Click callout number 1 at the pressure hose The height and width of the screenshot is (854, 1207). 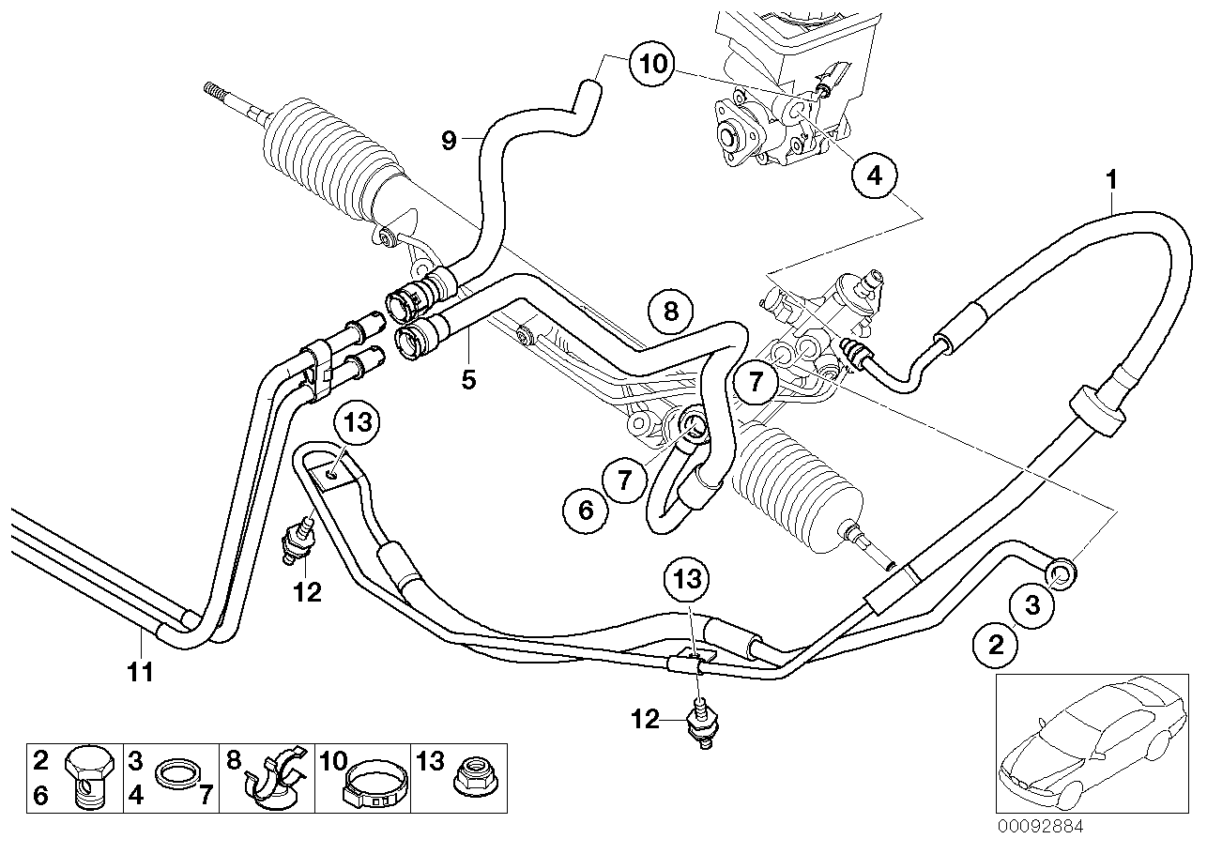(x=1111, y=176)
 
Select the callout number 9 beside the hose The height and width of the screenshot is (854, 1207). (x=449, y=141)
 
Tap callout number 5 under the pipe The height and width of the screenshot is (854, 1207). (x=469, y=379)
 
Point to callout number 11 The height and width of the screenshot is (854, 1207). (x=140, y=671)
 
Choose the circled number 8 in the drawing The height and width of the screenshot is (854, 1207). (x=670, y=311)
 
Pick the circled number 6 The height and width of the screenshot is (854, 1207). (x=586, y=511)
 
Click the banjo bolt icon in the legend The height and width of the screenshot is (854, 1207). (x=89, y=777)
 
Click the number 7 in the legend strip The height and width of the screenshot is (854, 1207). (x=206, y=797)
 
